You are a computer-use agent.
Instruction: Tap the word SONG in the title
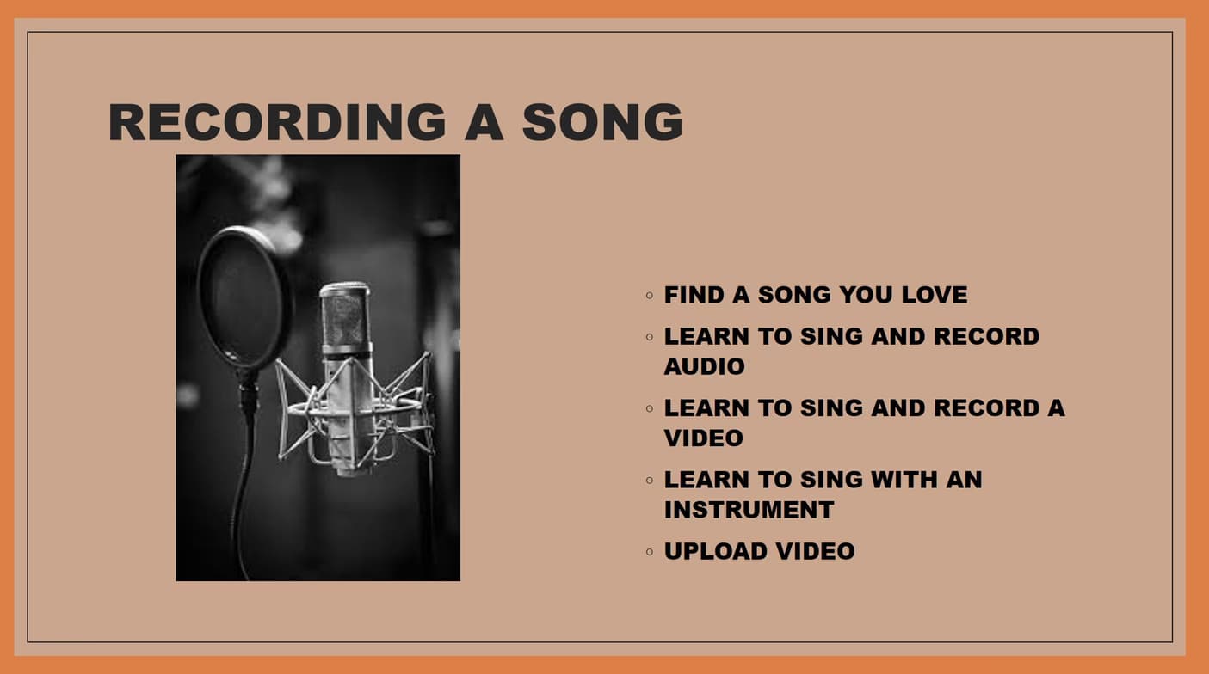602,122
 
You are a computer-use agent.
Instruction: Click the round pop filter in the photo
244,297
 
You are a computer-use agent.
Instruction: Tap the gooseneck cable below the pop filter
244,481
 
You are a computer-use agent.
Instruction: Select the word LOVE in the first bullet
935,295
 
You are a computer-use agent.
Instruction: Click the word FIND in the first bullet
694,295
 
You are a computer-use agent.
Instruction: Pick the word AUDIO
704,366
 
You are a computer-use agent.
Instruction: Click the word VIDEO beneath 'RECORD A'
703,438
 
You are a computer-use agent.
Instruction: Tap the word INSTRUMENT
749,510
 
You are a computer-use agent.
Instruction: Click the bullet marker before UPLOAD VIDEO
650,551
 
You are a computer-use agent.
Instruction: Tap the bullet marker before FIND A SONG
650,295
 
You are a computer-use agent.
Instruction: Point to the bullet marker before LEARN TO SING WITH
650,480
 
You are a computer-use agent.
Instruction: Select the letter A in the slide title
484,122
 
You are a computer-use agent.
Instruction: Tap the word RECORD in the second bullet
986,336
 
